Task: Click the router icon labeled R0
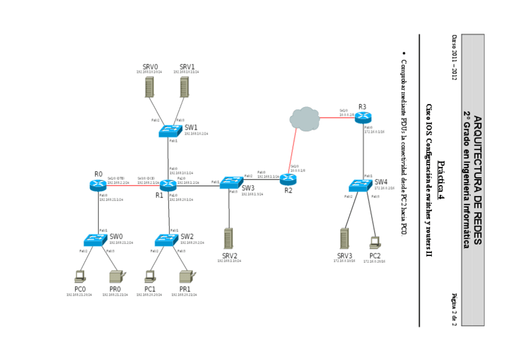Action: coord(98,185)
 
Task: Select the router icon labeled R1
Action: coord(168,185)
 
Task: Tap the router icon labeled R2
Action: coord(288,178)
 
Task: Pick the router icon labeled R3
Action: coord(363,117)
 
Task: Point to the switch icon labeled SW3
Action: coord(230,182)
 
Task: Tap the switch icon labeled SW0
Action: coord(96,240)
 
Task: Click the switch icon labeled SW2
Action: coord(167,240)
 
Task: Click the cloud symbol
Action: coord(304,118)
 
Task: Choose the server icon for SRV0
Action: coord(149,87)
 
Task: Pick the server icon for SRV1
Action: coord(185,87)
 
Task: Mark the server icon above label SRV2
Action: coord(229,239)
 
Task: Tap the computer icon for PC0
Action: coord(79,276)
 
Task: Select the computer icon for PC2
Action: coord(375,242)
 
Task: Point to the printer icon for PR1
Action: coord(185,276)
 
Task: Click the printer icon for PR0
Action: coord(115,276)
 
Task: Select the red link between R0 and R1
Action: coord(133,185)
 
